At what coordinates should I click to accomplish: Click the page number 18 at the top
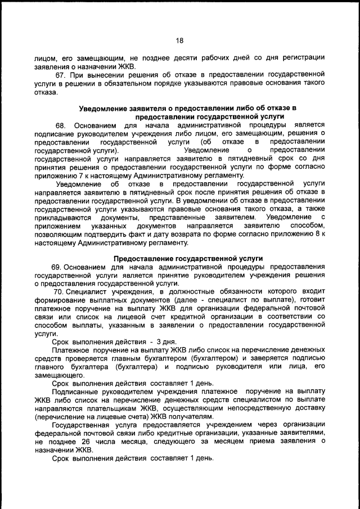click(179, 40)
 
